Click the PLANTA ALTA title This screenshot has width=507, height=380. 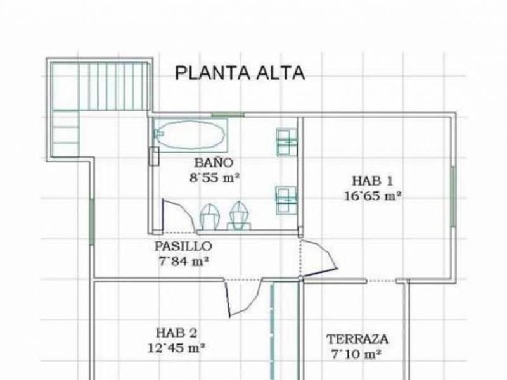pos(240,73)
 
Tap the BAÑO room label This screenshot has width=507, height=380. pos(214,161)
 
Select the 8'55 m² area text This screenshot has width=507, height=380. pos(214,177)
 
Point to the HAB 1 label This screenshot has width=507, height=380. pos(372,180)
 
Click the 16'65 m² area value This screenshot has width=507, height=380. pos(372,196)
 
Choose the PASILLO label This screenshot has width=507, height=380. pos(183,246)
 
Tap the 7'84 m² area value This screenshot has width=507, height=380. pos(183,261)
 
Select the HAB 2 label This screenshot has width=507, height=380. pos(177,332)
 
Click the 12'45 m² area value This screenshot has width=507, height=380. pos(177,348)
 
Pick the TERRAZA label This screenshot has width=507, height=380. pos(357,339)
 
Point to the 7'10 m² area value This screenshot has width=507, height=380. pos(356,355)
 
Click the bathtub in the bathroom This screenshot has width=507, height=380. pos(191,135)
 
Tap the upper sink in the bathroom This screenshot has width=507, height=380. pos(287,142)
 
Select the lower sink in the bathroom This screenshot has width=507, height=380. pos(286,200)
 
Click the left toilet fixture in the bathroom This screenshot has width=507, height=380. pos(210,217)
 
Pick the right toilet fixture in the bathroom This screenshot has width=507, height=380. pos(240,215)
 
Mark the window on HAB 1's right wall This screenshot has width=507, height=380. pos(453,196)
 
